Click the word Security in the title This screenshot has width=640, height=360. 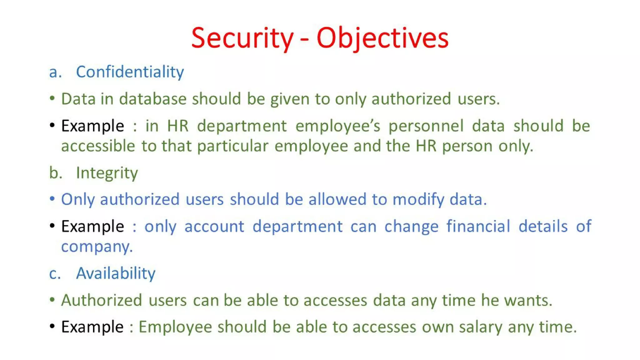pos(242,38)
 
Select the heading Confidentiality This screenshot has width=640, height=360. pos(130,72)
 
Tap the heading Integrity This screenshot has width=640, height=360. pos(107,173)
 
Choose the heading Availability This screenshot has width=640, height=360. pos(116,273)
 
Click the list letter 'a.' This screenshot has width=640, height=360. pos(55,72)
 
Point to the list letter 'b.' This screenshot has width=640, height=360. pos(56,173)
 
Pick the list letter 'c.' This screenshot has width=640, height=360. pos(55,274)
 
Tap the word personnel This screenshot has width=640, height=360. pos(426,126)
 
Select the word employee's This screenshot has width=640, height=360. pos(338,126)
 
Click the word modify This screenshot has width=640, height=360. pos(418,200)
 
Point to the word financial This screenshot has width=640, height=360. pos(478,226)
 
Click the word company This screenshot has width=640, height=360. pos(97,247)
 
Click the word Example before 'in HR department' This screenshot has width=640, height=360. pos(92,126)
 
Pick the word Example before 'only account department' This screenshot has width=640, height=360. pos(92,227)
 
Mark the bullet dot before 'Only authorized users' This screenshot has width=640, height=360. pos(52,199)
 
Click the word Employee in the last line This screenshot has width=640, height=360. pos(175,327)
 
